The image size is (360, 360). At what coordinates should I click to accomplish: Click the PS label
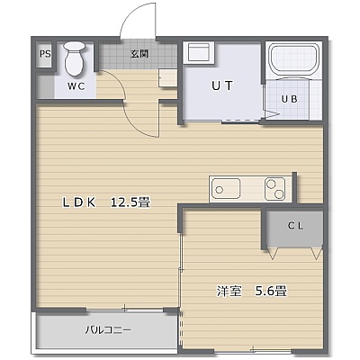[x=45, y=54]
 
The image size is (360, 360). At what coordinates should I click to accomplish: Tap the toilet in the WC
[x=74, y=58]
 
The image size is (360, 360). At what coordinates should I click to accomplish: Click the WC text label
[x=76, y=86]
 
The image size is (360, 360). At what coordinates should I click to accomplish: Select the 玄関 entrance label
[x=139, y=54]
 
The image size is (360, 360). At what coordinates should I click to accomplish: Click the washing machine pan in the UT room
[x=198, y=53]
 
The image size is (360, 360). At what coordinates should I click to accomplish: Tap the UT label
[x=222, y=85]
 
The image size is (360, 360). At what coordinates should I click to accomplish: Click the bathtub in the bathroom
[x=294, y=59]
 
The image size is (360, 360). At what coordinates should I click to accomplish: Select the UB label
[x=290, y=99]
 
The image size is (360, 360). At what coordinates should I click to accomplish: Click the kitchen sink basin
[x=226, y=189]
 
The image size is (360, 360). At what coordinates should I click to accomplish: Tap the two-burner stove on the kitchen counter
[x=274, y=189]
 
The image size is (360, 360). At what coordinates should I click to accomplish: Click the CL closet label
[x=296, y=226]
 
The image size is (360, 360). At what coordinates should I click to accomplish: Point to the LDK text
[x=79, y=202]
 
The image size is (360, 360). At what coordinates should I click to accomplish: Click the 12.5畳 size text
[x=130, y=202]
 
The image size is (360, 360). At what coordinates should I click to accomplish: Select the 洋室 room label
[x=229, y=291]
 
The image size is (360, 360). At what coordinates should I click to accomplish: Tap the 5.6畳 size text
[x=271, y=291]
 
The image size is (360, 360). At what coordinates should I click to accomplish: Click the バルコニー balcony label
[x=108, y=330]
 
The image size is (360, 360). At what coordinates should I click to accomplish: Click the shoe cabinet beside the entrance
[x=167, y=78]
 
